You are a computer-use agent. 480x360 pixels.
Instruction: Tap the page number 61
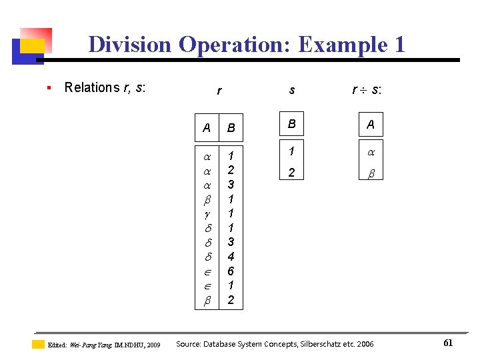448,343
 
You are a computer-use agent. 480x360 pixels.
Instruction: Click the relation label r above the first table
219,91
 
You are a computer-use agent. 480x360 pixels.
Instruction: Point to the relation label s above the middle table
291,89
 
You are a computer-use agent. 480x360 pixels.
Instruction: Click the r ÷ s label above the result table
367,89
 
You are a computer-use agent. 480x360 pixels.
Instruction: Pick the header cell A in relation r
207,127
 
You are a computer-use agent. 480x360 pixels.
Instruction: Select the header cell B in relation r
231,127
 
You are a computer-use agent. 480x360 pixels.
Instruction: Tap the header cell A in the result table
371,124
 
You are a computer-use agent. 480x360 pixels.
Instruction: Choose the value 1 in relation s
291,151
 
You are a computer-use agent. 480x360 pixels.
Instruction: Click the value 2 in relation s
291,173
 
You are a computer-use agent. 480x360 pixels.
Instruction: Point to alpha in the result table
371,152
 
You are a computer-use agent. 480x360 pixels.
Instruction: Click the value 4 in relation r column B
231,257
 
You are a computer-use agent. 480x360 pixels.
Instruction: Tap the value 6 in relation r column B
231,271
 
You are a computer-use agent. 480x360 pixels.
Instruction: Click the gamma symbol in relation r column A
207,213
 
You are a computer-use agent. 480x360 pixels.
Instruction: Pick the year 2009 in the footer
153,345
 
